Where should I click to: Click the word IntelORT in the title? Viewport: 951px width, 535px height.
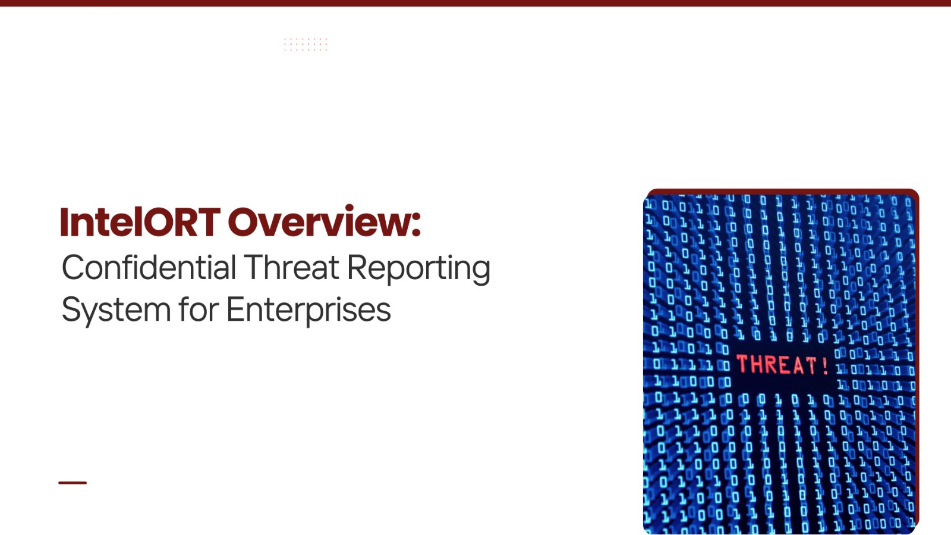140,221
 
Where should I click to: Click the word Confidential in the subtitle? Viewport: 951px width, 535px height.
149,267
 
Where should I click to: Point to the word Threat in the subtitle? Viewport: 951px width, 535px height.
291,267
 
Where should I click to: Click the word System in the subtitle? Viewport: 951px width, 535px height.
116,311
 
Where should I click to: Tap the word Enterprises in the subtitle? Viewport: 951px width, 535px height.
308,311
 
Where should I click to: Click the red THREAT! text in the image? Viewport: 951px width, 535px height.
782,365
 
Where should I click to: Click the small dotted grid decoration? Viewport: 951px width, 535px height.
306,44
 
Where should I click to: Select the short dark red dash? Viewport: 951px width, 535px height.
73,483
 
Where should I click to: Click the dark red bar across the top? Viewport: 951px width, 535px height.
475,3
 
